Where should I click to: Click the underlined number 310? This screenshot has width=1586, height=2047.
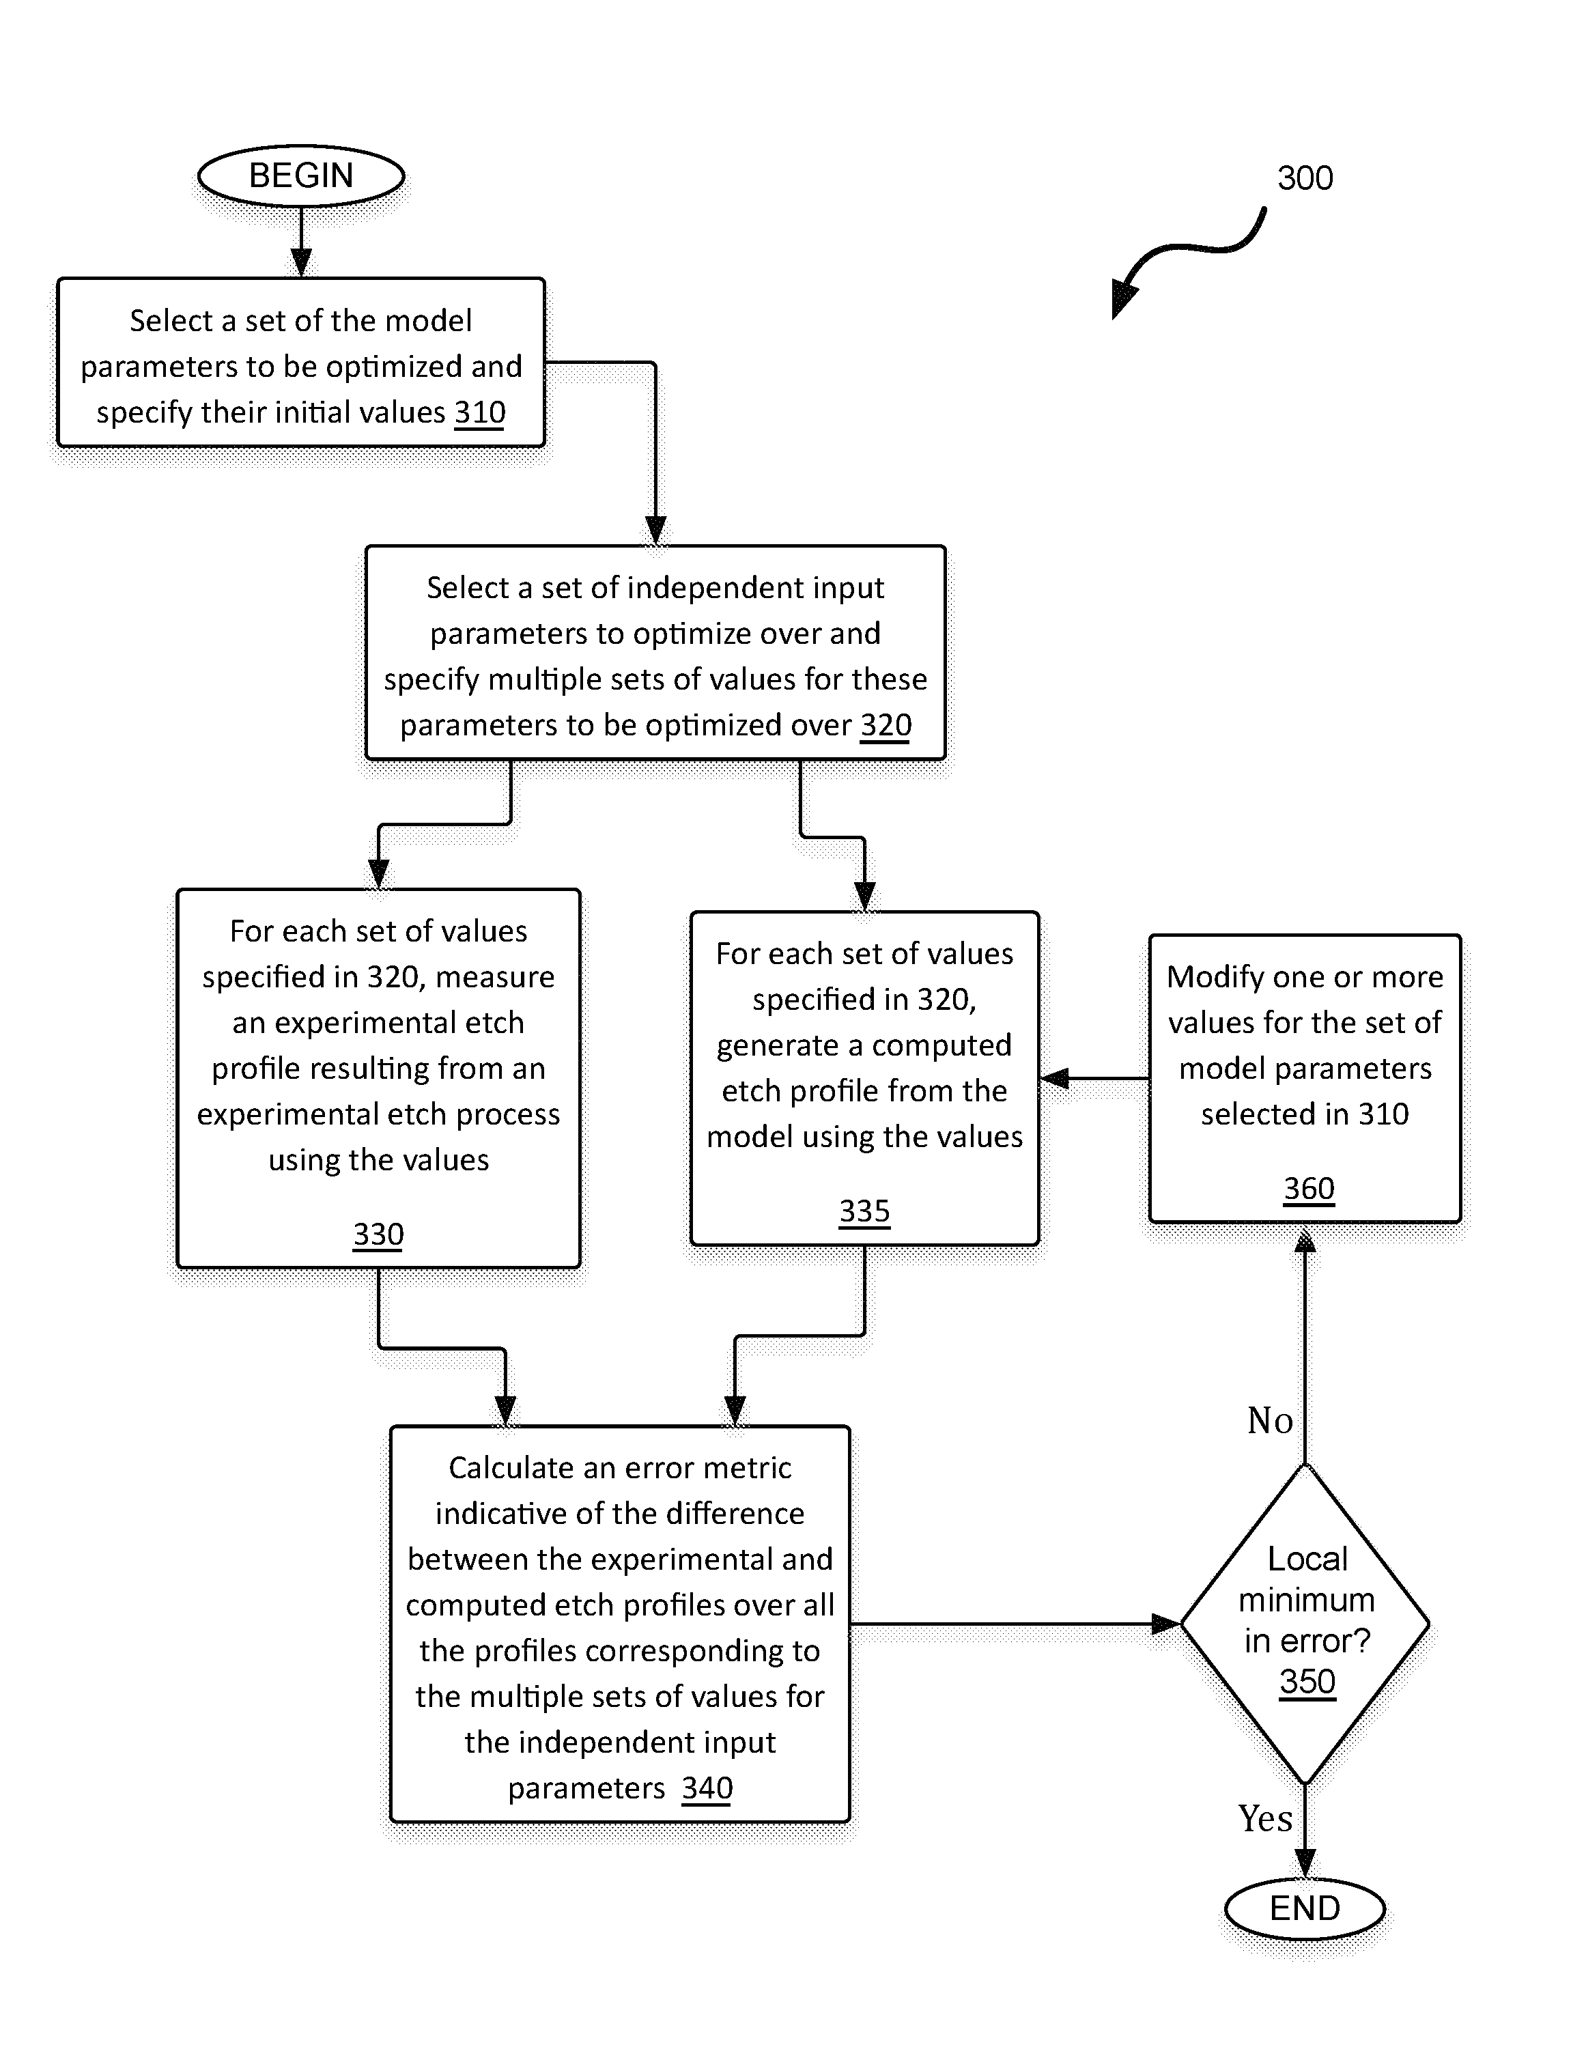click(x=480, y=412)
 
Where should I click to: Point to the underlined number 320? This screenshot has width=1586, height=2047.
click(x=886, y=725)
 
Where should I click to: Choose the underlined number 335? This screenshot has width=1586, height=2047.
click(x=864, y=1211)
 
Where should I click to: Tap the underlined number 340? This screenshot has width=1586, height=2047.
click(x=707, y=1788)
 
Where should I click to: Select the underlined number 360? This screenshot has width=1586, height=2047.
click(x=1309, y=1189)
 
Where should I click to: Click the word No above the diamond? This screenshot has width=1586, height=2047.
click(x=1270, y=1421)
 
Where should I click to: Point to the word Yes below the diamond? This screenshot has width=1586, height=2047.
click(x=1265, y=1818)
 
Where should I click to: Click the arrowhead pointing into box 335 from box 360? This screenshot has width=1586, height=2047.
click(x=1055, y=1079)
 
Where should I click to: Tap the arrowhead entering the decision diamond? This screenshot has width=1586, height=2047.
click(x=1166, y=1624)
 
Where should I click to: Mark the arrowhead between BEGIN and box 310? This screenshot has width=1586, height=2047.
click(x=301, y=264)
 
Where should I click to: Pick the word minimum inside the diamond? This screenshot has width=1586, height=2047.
click(x=1307, y=1599)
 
